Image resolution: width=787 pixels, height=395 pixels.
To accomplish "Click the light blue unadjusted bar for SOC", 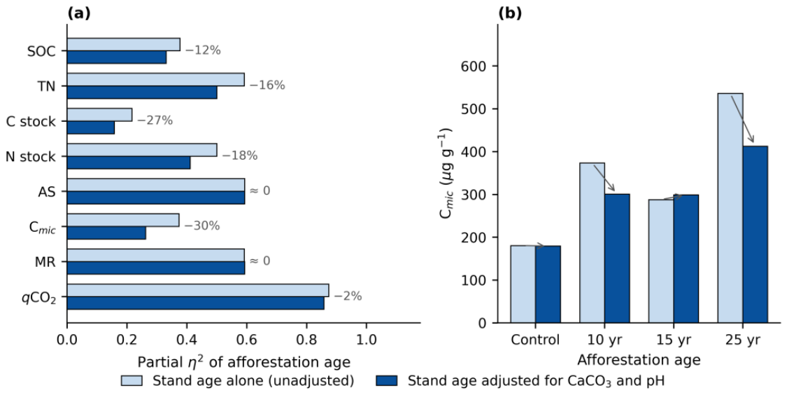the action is [x=123, y=44].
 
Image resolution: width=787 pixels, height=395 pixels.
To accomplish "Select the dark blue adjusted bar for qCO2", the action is [x=195, y=303].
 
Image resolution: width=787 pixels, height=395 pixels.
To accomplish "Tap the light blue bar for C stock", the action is [x=99, y=115].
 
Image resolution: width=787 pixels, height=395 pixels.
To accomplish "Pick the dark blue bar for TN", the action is [x=142, y=92].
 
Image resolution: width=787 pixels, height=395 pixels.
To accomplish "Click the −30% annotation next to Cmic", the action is [x=201, y=226].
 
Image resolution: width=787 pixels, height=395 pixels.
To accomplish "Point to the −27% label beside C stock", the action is [x=155, y=120].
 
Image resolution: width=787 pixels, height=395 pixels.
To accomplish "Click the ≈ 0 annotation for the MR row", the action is [x=260, y=261].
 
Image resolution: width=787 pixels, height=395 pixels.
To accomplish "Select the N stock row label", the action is [x=31, y=157].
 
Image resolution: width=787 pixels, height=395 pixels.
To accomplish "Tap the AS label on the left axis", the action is [x=47, y=191].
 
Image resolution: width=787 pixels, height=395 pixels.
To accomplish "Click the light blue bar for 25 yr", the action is [x=730, y=208].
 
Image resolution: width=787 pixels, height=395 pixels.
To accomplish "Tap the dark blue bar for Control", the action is [x=548, y=284].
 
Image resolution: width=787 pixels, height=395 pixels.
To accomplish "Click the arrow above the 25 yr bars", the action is [x=742, y=119].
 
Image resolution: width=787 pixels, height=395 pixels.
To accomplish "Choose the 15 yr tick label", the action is [x=674, y=340].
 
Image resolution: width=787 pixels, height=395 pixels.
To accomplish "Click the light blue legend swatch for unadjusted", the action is [x=132, y=380].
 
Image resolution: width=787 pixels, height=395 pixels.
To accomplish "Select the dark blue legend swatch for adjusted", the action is [x=386, y=380].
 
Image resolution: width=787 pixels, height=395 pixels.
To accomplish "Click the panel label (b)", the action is [x=509, y=13].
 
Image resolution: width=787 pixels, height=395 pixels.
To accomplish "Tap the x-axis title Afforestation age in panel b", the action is [x=639, y=360].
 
